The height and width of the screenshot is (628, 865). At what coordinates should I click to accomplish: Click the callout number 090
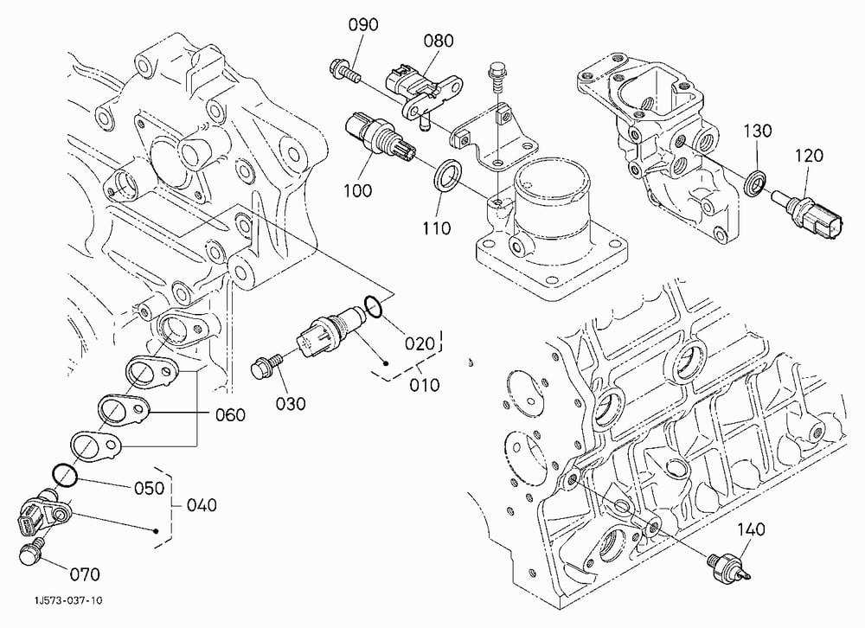point(363,25)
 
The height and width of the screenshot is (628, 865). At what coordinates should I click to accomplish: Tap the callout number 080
point(439,41)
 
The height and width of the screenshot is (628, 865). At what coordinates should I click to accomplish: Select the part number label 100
point(358,191)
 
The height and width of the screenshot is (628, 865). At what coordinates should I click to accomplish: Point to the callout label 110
point(436,227)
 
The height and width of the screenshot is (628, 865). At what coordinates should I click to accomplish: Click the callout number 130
point(757,131)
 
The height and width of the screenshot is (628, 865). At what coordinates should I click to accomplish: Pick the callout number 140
point(752,529)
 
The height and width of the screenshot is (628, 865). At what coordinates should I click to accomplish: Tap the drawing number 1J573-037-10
point(67,600)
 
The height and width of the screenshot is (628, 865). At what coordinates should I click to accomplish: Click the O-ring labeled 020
point(373,307)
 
